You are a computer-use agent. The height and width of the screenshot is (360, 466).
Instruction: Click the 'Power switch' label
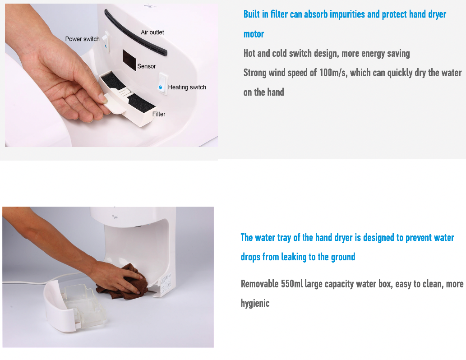pos(82,39)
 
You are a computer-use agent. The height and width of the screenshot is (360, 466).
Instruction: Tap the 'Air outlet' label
pos(152,32)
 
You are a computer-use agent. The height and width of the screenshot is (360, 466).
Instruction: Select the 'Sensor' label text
pos(147,66)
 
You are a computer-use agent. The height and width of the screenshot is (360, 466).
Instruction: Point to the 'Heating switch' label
pos(187,87)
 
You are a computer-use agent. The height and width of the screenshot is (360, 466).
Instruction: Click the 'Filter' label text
pos(159,114)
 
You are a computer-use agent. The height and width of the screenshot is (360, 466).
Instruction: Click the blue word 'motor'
pos(254,34)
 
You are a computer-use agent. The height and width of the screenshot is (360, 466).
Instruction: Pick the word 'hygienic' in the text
pos(255,303)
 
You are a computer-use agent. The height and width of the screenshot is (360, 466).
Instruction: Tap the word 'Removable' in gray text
pos(259,284)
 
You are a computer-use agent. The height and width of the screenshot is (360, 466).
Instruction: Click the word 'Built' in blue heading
pos(252,14)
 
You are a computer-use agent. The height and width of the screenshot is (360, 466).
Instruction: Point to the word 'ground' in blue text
pos(343,257)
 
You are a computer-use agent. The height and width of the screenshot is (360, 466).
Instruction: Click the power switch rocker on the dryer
pos(106,42)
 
